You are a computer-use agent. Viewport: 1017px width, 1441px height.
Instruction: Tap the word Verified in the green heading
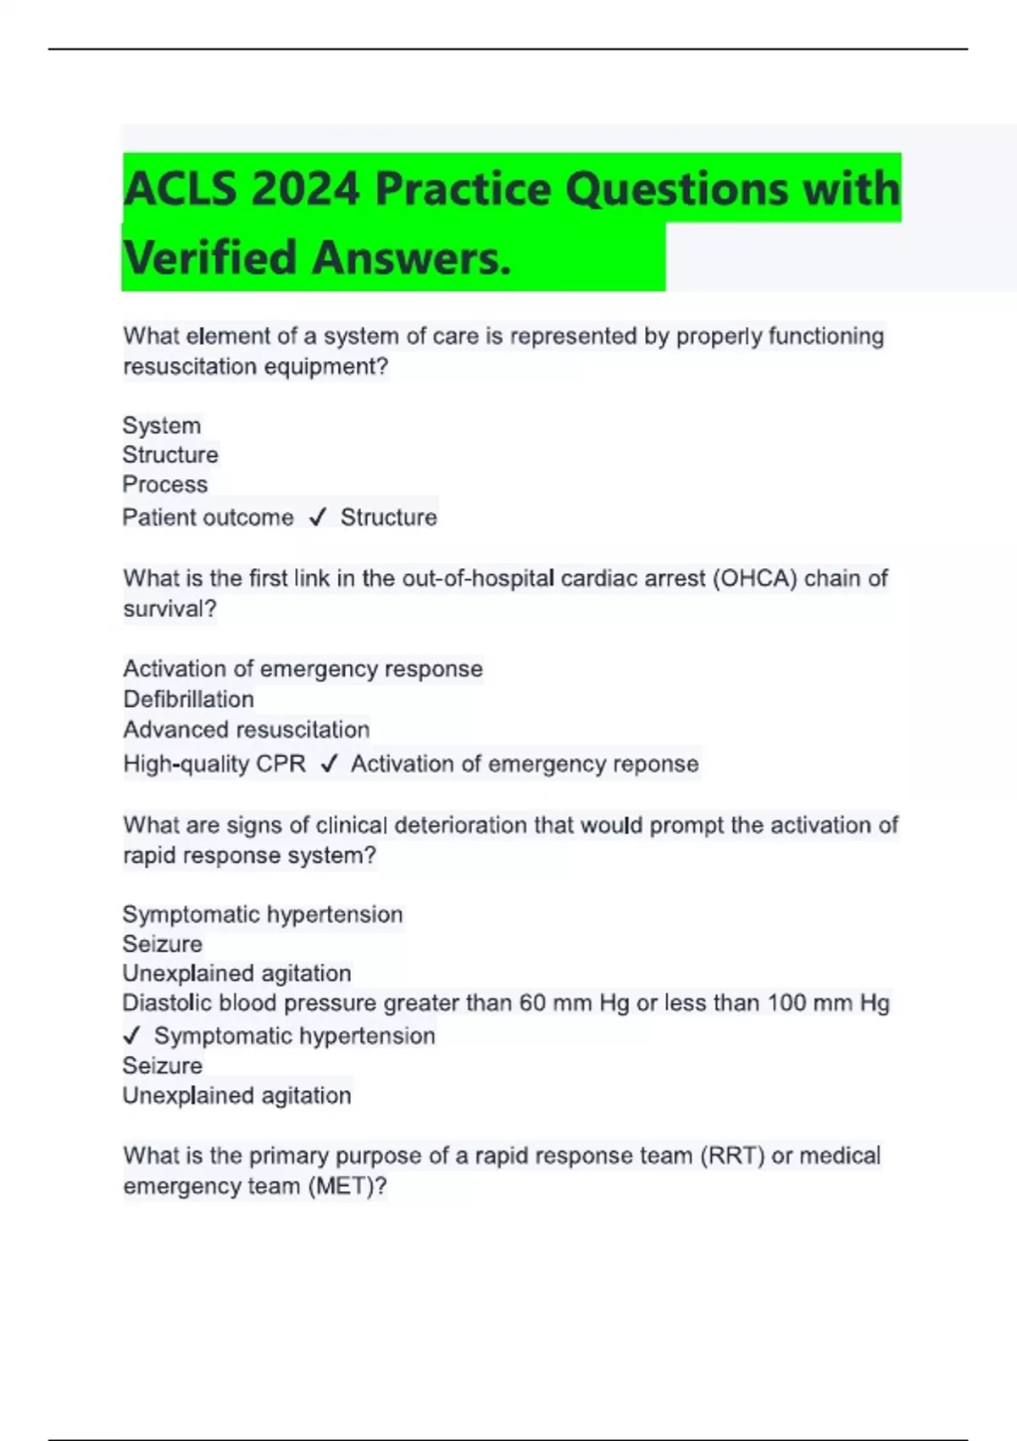click(x=209, y=258)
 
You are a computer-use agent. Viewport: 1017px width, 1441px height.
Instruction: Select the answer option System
click(x=162, y=426)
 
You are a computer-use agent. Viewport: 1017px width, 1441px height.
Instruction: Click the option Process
click(x=165, y=484)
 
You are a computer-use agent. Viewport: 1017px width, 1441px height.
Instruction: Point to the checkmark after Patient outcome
click(x=318, y=518)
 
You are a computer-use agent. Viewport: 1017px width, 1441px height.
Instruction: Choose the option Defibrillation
click(x=188, y=699)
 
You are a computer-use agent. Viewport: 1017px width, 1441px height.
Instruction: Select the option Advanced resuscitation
click(x=247, y=730)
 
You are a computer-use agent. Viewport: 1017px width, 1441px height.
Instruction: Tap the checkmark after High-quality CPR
click(x=329, y=765)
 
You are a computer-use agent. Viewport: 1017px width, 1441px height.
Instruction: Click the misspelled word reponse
click(x=655, y=764)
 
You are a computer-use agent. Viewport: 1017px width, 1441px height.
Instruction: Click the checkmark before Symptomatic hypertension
click(x=131, y=1036)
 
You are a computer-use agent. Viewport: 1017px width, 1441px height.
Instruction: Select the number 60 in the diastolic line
click(x=532, y=1003)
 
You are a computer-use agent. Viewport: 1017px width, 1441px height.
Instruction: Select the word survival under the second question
click(x=169, y=609)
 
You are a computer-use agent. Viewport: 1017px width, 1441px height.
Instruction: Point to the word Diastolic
click(x=167, y=1003)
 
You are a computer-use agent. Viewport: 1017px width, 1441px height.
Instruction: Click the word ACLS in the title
click(x=180, y=188)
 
